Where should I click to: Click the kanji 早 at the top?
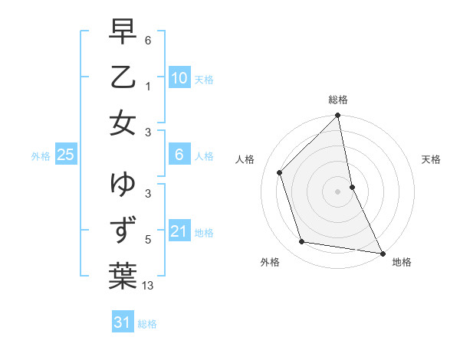point(123,32)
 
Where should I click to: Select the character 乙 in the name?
point(123,77)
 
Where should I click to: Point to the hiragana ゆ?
point(123,185)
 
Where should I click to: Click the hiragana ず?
point(123,230)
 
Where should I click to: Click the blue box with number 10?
point(179,78)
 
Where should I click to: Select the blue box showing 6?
point(179,155)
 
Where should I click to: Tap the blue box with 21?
point(179,231)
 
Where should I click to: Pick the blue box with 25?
point(65,155)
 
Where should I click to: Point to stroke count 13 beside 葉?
point(149,286)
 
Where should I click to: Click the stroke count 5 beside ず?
point(149,240)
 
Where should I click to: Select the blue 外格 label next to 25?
point(41,155)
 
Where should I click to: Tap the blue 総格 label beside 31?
point(147,323)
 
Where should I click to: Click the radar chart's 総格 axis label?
point(338,100)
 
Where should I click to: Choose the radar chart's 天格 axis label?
point(432,159)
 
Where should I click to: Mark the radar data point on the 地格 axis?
point(382,253)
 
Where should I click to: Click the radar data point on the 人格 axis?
point(280,172)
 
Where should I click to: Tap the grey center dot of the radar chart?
point(338,191)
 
